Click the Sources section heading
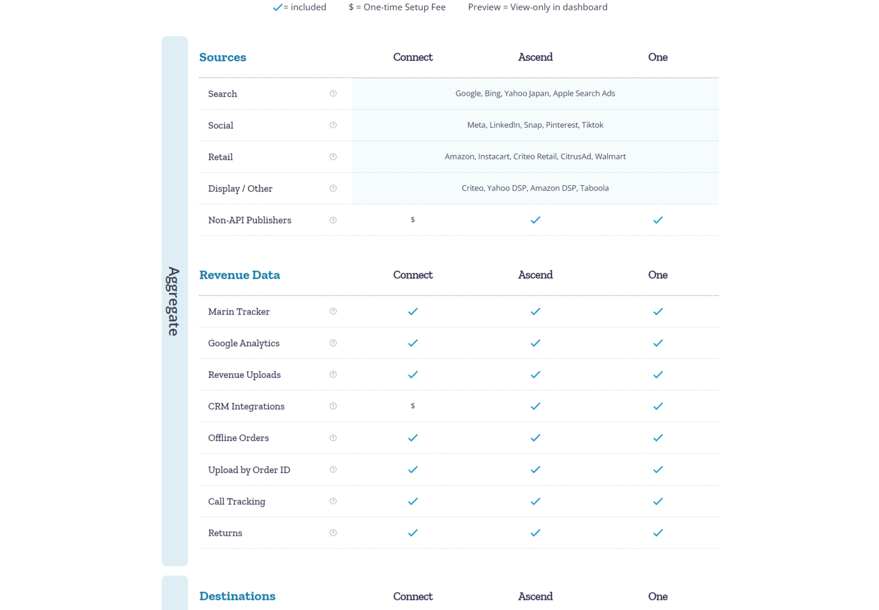pos(222,57)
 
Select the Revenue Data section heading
pos(239,275)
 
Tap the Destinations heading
pos(237,596)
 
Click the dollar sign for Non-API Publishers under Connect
pos(413,220)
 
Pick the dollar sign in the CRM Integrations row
pos(413,406)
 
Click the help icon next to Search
pos(333,93)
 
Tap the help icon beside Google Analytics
pos(333,343)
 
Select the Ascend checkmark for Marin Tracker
pos(535,312)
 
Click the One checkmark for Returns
pos(658,533)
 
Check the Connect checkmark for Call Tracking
pos(413,501)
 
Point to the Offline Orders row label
pos(239,438)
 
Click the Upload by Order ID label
pos(249,470)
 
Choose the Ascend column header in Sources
pos(535,57)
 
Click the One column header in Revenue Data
pos(658,275)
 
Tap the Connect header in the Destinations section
pos(413,597)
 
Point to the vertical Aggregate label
pos(174,301)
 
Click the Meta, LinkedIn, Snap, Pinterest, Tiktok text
pos(535,125)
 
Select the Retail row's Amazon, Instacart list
pos(535,157)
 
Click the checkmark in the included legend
pos(278,8)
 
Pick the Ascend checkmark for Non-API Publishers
pos(535,220)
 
